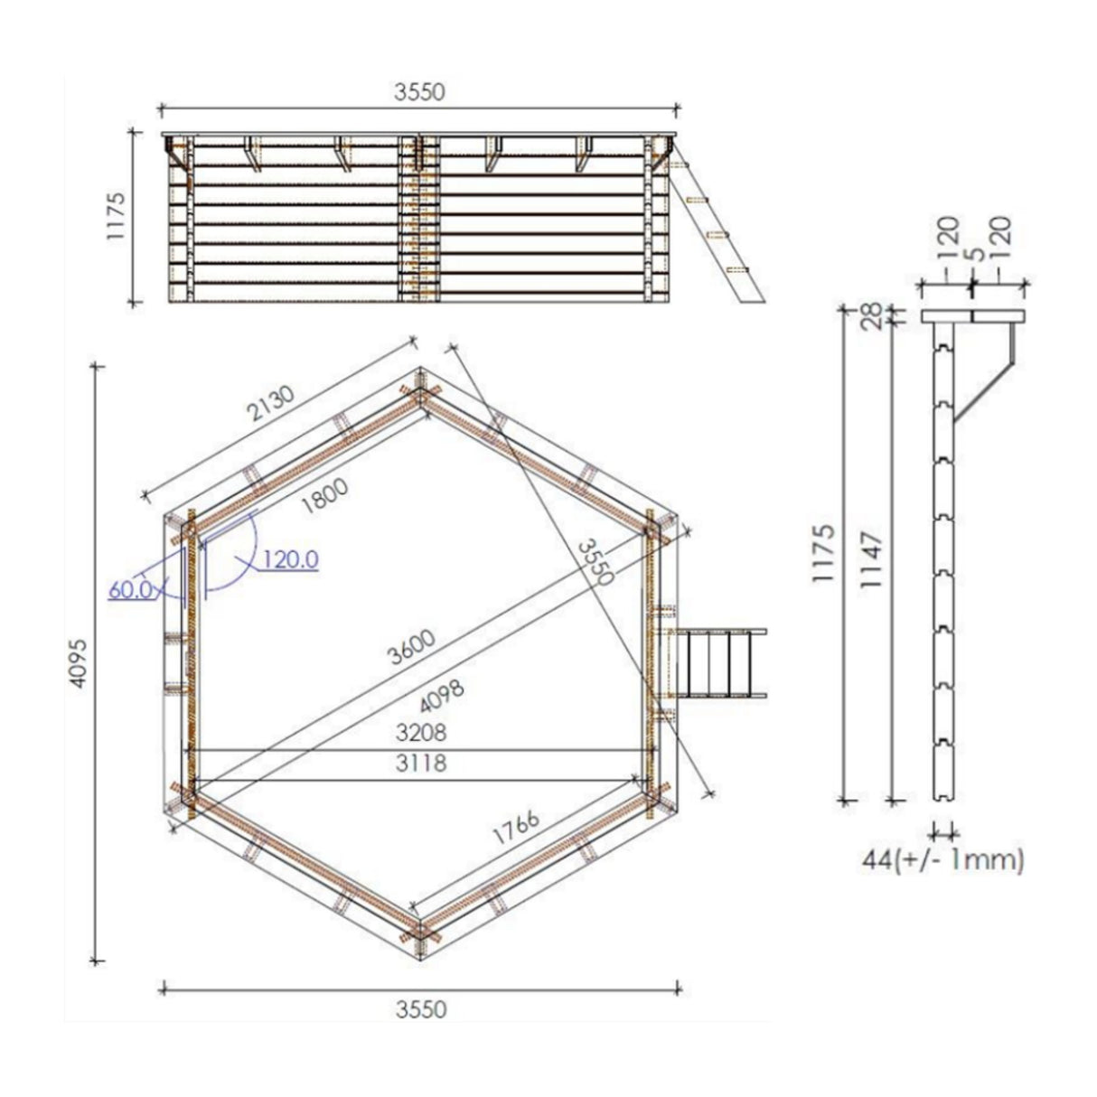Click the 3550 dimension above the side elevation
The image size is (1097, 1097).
421,92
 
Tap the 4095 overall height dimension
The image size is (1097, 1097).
80,665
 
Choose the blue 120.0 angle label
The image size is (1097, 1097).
290,560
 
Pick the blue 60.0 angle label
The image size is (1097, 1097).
130,590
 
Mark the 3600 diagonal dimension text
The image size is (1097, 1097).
411,646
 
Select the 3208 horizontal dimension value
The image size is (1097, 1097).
421,731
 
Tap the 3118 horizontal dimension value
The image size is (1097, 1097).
421,764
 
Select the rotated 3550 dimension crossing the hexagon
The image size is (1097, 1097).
595,562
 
